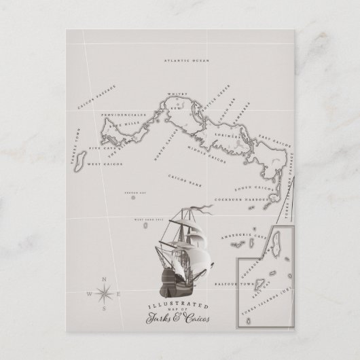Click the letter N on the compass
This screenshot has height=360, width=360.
(x=104, y=280)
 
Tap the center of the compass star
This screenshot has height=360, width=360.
(x=104, y=293)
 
